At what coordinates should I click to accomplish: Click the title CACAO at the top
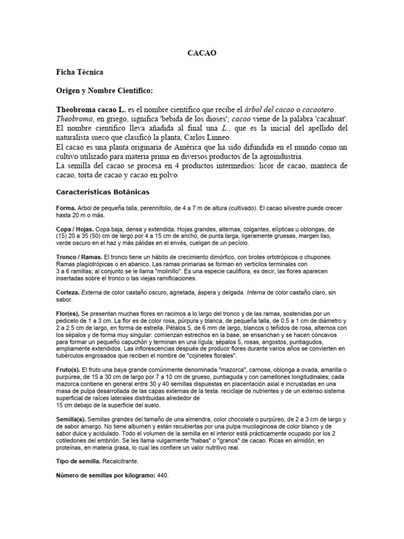pyautogui.click(x=202, y=53)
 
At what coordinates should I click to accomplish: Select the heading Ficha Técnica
pyautogui.click(x=79, y=72)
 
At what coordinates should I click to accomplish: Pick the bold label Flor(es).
pyautogui.click(x=68, y=314)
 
